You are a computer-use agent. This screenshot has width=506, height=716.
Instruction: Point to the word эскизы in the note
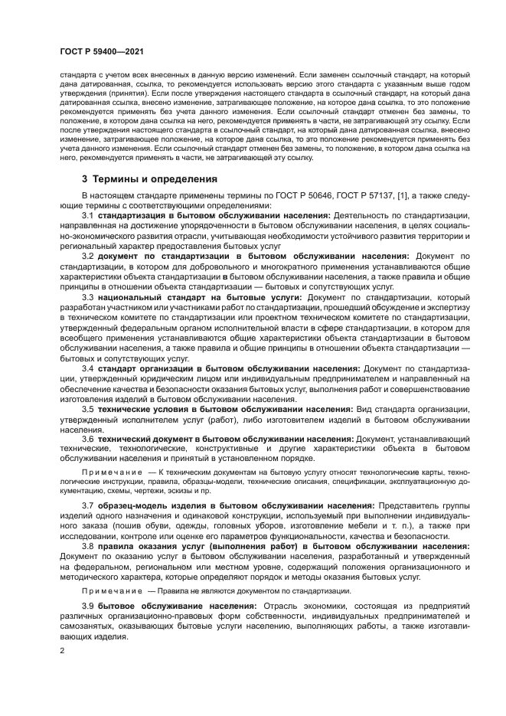[204, 489]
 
